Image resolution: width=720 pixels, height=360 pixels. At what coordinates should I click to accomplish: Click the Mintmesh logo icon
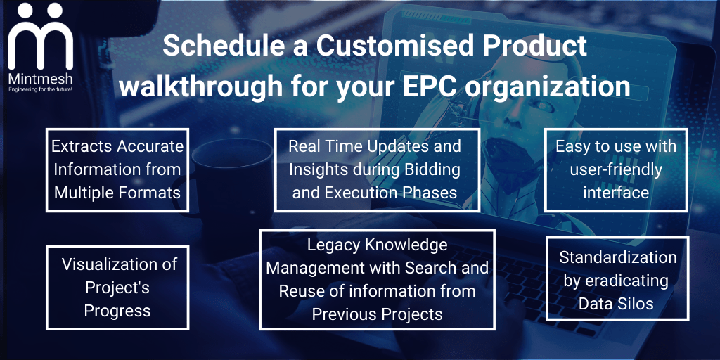click(40, 37)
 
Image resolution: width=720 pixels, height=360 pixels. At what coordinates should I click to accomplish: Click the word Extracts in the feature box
click(82, 146)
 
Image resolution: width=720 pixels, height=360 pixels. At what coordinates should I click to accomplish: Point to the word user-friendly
click(616, 170)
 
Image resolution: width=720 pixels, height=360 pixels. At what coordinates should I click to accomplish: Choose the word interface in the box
click(616, 193)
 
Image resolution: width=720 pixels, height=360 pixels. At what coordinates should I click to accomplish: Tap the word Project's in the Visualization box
click(117, 289)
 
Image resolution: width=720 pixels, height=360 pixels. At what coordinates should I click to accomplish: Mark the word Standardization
click(617, 257)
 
